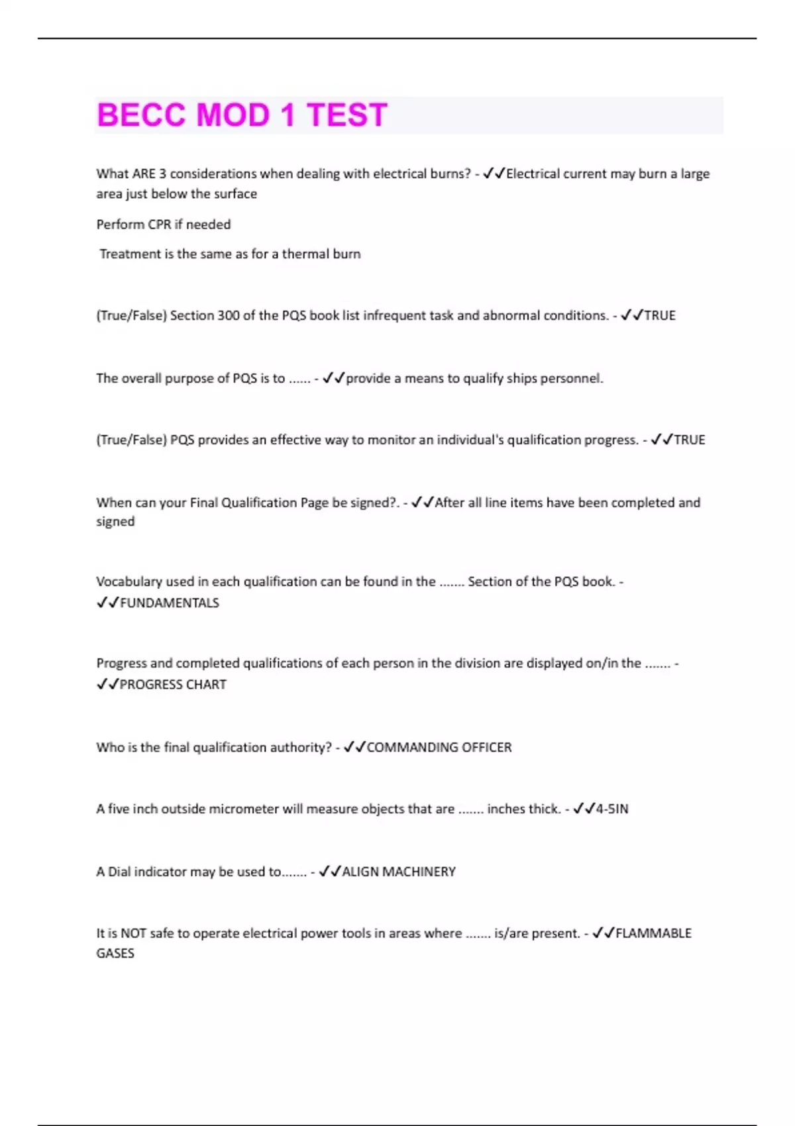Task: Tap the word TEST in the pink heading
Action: tap(346, 115)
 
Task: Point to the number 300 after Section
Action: tap(229, 315)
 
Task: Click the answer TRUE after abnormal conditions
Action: tap(660, 315)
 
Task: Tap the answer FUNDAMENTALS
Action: tap(169, 603)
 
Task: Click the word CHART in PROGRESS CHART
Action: tap(206, 684)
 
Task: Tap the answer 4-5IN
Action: tap(612, 809)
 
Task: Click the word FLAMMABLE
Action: tap(653, 933)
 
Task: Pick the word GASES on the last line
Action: tap(115, 953)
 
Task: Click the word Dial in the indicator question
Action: tap(119, 872)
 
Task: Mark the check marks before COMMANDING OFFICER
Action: tap(354, 747)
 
